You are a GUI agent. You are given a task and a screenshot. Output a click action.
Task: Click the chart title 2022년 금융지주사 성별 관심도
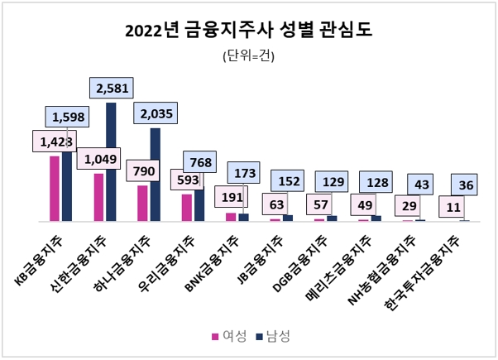[248, 31]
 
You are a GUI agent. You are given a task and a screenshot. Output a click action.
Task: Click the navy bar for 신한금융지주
[111, 166]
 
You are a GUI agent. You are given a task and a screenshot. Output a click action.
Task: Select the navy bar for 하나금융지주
[155, 178]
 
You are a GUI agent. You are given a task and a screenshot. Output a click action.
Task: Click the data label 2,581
[111, 89]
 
